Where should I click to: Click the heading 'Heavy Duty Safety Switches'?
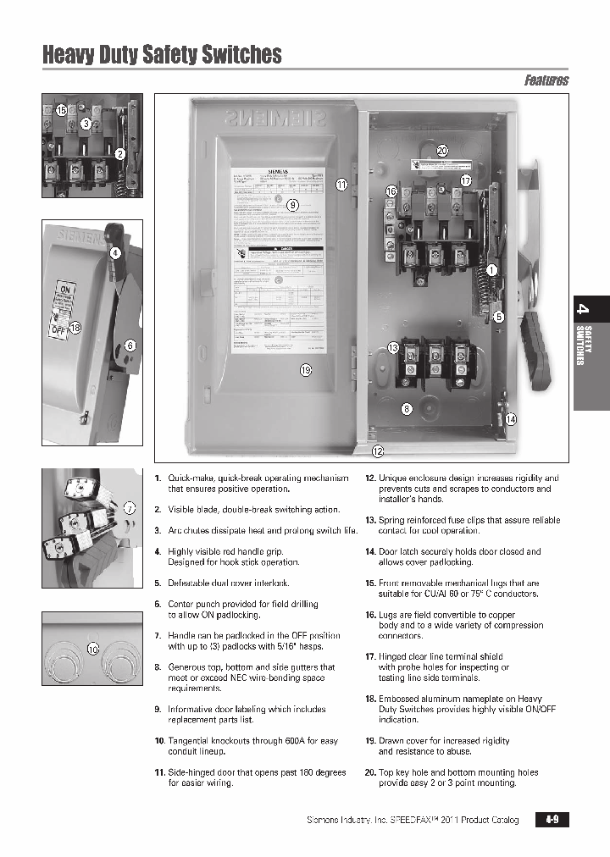point(162,55)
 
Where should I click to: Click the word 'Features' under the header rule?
point(546,80)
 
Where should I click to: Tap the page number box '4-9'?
point(552,820)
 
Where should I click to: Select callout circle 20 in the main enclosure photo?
point(441,151)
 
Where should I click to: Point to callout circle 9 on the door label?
point(292,205)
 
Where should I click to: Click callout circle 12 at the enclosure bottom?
point(377,451)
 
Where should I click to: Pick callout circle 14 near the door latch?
point(510,418)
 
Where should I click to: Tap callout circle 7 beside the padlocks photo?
point(130,508)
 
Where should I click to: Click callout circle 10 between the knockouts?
point(93,649)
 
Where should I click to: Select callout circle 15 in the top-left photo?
point(61,111)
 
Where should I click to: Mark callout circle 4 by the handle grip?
point(115,252)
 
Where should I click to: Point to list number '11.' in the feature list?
point(158,772)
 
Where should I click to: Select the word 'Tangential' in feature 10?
point(191,740)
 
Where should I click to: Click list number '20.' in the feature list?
point(370,772)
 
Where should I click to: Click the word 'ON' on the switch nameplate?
point(61,287)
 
